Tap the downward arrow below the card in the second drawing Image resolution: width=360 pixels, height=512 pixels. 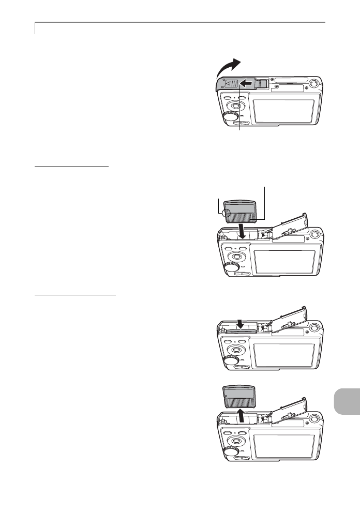click(x=241, y=230)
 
